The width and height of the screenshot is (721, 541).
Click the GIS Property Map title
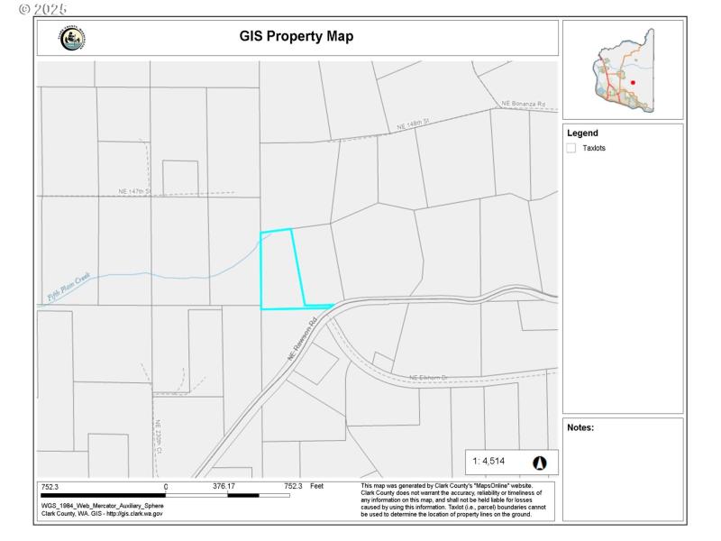[296, 37]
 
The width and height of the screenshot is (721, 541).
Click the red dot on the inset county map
[633, 82]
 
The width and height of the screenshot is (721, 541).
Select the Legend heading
[582, 133]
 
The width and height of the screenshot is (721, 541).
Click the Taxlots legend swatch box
[571, 148]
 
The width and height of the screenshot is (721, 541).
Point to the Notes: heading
[580, 427]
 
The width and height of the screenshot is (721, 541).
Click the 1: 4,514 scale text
[492, 463]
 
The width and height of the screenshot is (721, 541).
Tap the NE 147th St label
[135, 191]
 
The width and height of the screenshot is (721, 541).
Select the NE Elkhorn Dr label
[428, 377]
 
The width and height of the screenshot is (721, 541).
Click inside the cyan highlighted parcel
[280, 270]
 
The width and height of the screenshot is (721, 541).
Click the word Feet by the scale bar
[316, 486]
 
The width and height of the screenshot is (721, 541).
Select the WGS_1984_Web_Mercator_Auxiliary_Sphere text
[102, 505]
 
